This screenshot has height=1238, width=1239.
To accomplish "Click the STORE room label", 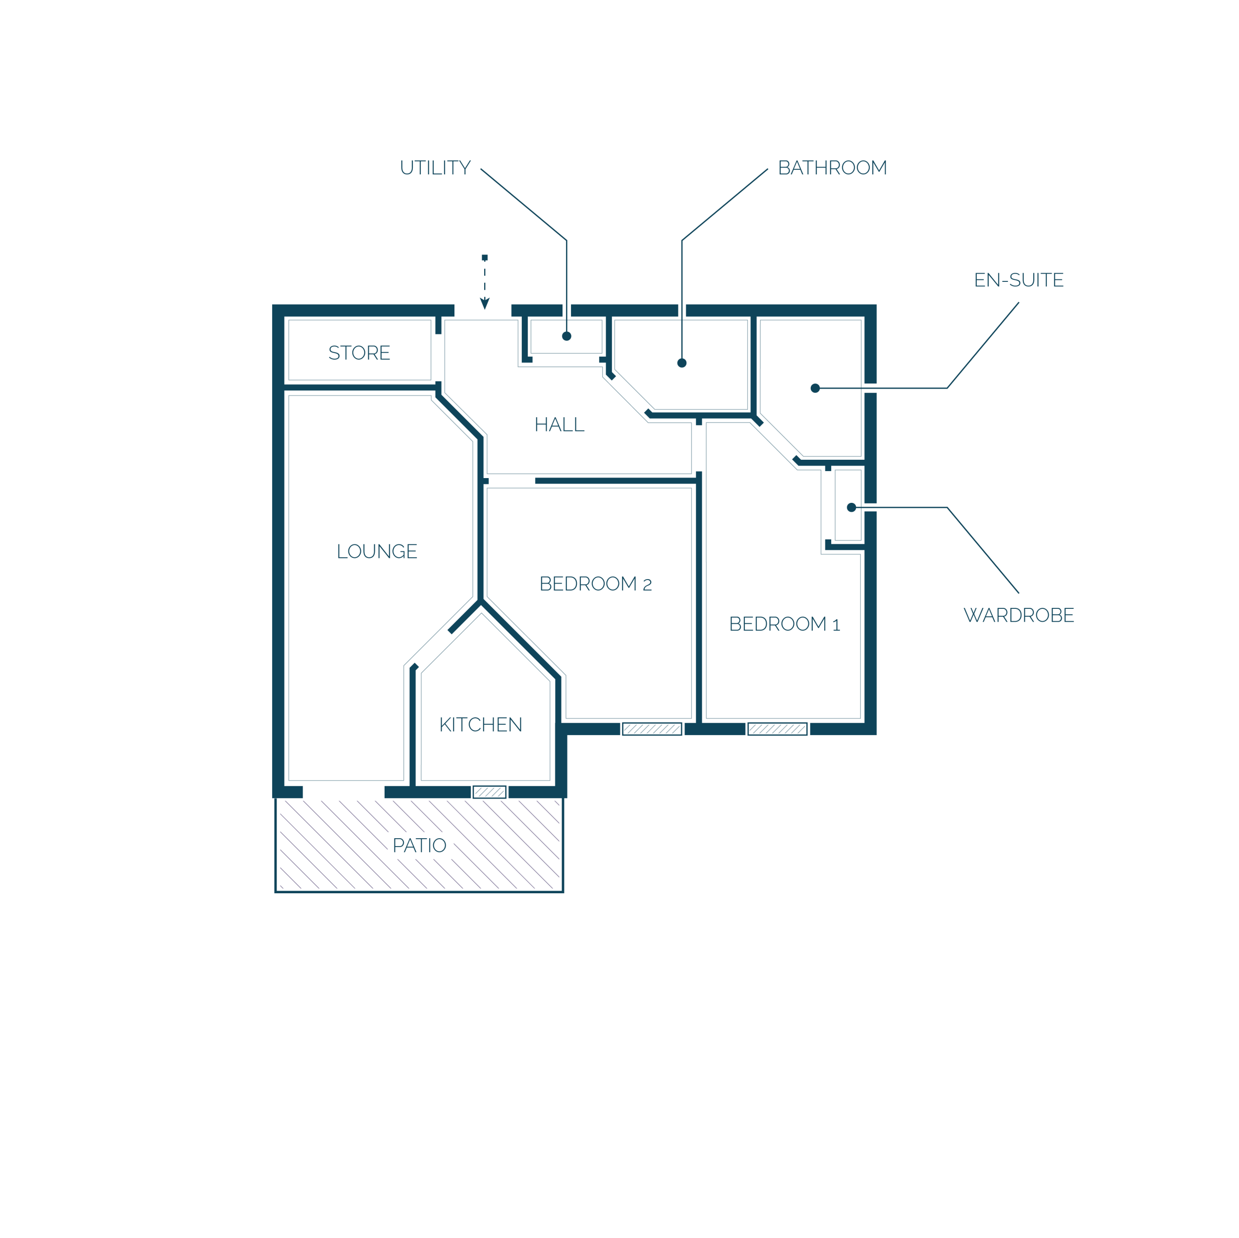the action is (x=359, y=353).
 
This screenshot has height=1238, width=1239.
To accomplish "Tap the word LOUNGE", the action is (x=377, y=551).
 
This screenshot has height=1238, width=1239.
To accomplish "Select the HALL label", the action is (x=559, y=425).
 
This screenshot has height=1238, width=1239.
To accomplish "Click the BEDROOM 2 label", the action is (x=596, y=584).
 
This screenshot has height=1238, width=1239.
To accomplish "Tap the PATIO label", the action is (x=419, y=846).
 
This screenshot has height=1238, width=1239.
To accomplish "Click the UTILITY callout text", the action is (x=436, y=168).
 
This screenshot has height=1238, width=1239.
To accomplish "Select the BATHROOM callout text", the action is (x=833, y=168).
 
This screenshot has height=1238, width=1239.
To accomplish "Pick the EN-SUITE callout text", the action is (x=1019, y=280).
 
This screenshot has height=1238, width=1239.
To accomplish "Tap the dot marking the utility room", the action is (x=567, y=336).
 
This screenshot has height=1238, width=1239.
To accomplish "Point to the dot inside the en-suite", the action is (x=815, y=388).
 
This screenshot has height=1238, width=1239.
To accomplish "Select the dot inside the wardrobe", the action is (x=851, y=508).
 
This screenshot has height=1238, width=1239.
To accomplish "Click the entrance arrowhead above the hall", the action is (x=485, y=303).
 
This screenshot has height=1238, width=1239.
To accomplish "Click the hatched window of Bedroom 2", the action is (x=652, y=729).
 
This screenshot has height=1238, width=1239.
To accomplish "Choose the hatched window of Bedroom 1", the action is (x=777, y=729).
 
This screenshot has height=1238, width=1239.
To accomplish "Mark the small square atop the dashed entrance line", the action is (x=485, y=257).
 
